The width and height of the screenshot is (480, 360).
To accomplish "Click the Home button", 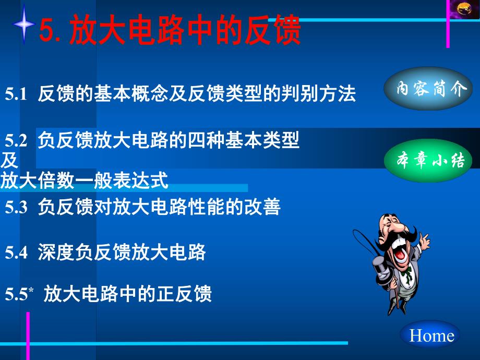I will (x=431, y=335).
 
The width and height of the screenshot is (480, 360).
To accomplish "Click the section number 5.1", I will (x=16, y=94).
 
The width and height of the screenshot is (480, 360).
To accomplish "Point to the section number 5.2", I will (x=16, y=140).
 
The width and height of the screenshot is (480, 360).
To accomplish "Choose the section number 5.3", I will (x=16, y=208).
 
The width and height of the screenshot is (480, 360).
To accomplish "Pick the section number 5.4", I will (x=16, y=253).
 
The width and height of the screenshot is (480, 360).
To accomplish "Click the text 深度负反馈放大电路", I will (x=122, y=253).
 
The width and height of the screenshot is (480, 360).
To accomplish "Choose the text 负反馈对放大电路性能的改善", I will (x=159, y=208).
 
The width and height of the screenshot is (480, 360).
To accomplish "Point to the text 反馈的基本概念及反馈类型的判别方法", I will (x=197, y=94).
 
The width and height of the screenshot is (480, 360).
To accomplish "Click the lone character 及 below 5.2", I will (x=9, y=160).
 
